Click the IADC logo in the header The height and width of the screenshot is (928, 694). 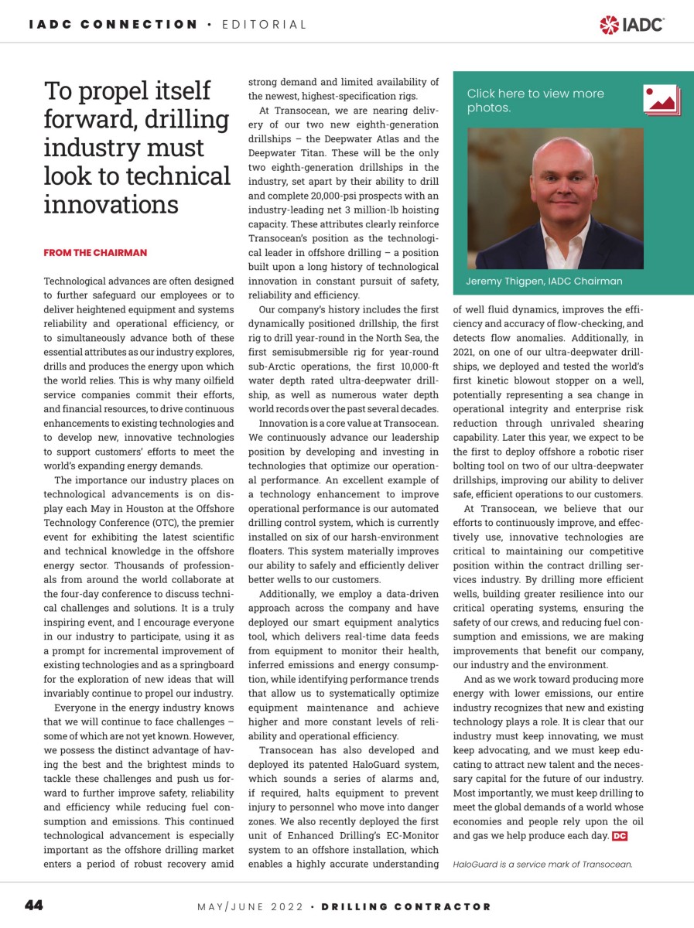point(631,25)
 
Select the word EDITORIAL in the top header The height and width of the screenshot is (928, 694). point(265,25)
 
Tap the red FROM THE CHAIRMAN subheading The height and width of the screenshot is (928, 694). point(95,253)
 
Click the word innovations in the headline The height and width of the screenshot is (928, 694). point(111,204)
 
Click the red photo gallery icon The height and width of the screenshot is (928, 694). point(661,100)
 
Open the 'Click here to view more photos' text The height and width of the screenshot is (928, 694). point(535,101)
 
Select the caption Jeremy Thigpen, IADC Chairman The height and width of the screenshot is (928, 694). point(544,281)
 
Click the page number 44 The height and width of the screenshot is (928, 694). point(34,906)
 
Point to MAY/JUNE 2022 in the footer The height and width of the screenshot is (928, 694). point(250,906)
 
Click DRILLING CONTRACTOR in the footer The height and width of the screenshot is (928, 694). point(406,906)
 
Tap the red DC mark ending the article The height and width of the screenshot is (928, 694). point(620,836)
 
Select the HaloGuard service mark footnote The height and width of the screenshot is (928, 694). point(542,864)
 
